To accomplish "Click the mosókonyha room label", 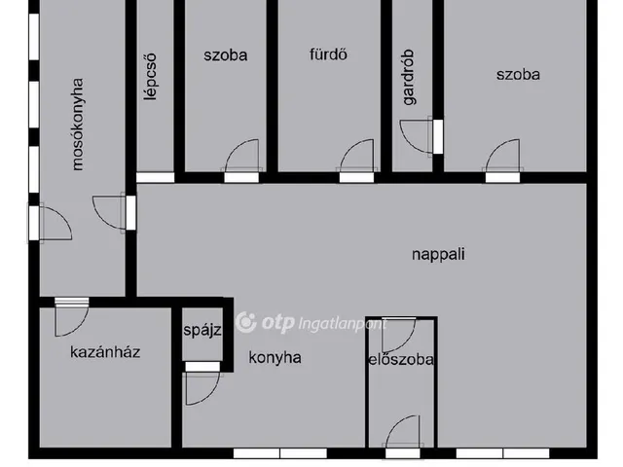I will pyautogui.click(x=78, y=126).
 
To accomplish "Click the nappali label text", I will pyautogui.click(x=438, y=255).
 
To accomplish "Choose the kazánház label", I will pyautogui.click(x=105, y=352).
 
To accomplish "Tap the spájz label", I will pyautogui.click(x=202, y=330).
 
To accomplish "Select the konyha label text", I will pyautogui.click(x=274, y=357).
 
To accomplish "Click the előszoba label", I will pyautogui.click(x=400, y=359).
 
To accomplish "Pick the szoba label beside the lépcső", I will pyautogui.click(x=226, y=54).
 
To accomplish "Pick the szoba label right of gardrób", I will pyautogui.click(x=517, y=74).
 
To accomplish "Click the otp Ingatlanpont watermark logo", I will pyautogui.click(x=311, y=323).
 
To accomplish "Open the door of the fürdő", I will pyautogui.click(x=355, y=159).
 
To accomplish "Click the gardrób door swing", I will pyautogui.click(x=419, y=135).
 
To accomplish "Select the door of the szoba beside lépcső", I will pyautogui.click(x=241, y=159).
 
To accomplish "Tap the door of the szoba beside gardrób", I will pyautogui.click(x=503, y=159).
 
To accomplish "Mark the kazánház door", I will pyautogui.click(x=72, y=316).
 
